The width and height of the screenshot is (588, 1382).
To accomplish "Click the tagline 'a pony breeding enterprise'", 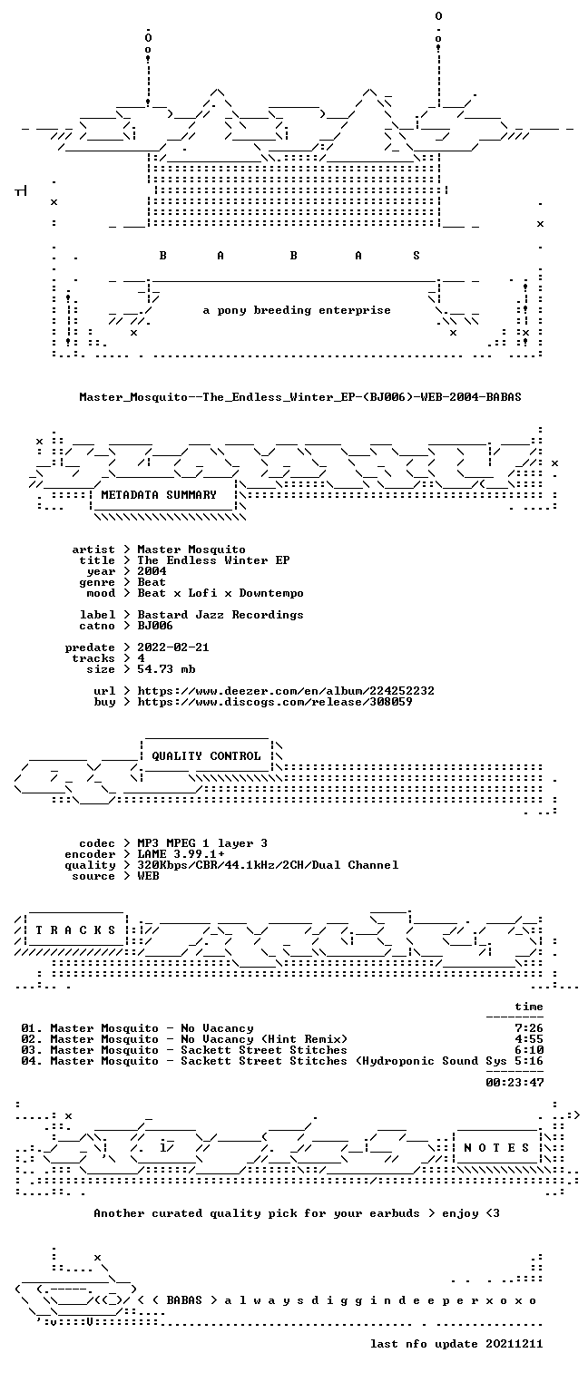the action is point(297,310).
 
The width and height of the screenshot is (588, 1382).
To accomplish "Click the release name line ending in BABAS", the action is point(300,397).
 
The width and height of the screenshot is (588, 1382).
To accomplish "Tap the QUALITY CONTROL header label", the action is point(206,756).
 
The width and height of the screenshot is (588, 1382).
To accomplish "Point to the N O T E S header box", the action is point(496,1148).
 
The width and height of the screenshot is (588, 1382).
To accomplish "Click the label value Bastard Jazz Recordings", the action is point(220,615).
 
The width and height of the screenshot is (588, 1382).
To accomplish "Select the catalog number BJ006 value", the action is point(155,626).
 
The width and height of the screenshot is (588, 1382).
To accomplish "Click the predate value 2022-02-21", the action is point(173,647).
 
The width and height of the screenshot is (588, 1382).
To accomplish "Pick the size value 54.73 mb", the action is point(166,669).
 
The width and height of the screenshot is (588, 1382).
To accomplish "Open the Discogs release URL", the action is point(275,702).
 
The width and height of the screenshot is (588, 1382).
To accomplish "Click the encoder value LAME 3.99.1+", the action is point(181,854).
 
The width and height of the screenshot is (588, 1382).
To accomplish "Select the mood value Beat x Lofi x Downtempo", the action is point(220,594).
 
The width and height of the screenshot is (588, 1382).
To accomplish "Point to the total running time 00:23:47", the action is point(514,1083).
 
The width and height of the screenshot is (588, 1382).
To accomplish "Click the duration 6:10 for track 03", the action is point(529,1050).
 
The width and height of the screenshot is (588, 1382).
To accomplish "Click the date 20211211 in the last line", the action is point(514,1344).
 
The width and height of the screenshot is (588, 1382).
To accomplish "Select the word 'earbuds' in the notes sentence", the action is point(395,1213).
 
